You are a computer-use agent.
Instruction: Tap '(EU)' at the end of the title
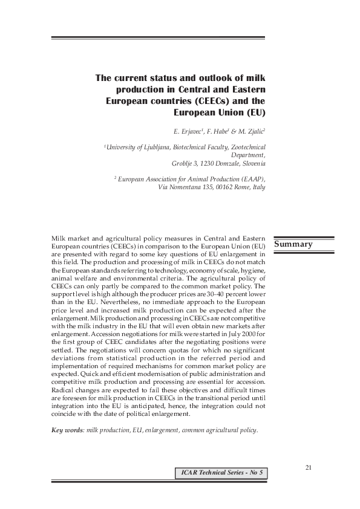pos(254,112)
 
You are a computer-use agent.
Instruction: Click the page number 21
pos(309,467)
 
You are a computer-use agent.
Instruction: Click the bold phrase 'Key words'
pos(67,430)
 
